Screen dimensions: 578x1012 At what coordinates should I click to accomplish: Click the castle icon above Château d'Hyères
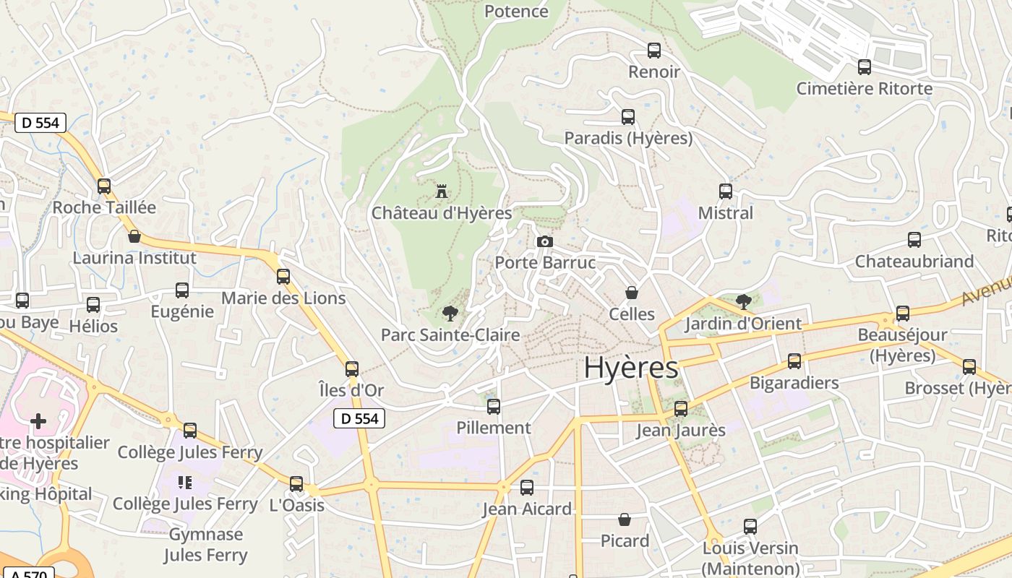(442, 191)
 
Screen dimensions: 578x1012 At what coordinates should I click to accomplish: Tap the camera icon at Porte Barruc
(545, 241)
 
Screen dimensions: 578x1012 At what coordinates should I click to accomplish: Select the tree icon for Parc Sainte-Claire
(450, 313)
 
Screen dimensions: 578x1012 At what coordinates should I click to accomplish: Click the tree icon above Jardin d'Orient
(743, 301)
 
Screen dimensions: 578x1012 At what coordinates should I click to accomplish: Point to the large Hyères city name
(630, 368)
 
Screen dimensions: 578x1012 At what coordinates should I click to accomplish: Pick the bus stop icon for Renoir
(654, 51)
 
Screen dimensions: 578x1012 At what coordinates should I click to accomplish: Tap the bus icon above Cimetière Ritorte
(864, 67)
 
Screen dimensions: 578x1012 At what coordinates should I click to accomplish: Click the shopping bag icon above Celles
(632, 293)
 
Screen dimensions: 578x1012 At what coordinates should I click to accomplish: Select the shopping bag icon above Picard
(625, 519)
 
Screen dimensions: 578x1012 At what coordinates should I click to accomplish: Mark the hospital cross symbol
(38, 420)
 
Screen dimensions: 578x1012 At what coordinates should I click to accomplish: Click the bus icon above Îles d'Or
(352, 369)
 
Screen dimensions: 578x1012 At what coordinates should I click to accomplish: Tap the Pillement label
(494, 428)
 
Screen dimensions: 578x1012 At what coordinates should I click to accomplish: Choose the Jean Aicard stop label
(527, 509)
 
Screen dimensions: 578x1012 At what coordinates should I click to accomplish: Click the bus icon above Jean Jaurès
(680, 409)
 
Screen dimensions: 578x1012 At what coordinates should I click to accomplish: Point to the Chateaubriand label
(914, 262)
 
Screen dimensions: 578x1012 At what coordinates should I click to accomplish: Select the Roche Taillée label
(104, 207)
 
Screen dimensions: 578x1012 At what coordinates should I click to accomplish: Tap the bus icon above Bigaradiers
(794, 361)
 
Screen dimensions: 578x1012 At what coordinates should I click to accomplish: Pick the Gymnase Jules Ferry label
(206, 545)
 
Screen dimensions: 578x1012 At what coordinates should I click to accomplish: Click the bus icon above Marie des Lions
(283, 277)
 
